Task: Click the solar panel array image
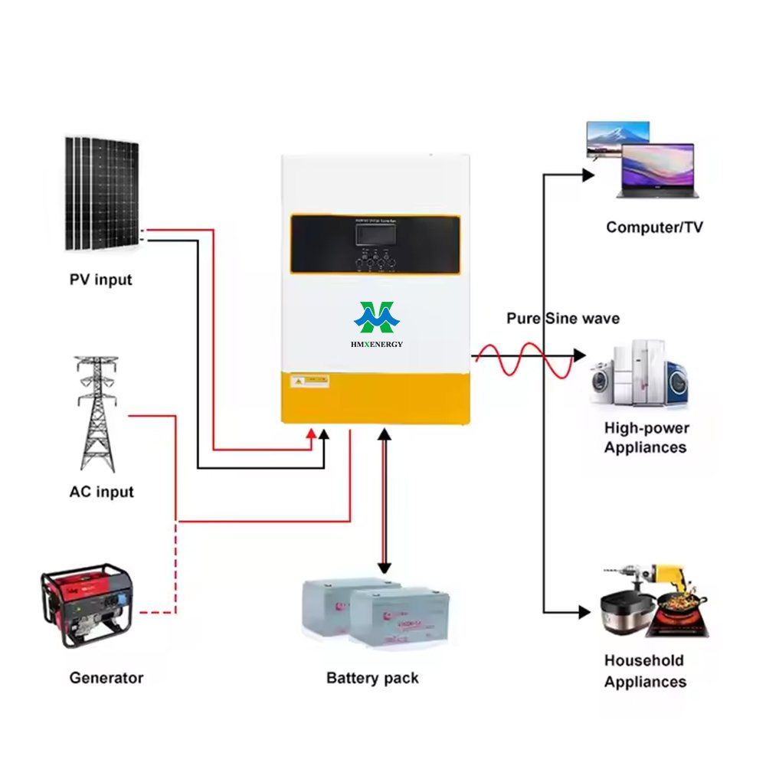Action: click(102, 194)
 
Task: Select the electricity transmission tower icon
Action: click(98, 414)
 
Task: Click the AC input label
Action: click(101, 492)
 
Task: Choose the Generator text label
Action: click(106, 678)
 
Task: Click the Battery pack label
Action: click(372, 678)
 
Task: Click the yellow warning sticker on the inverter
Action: click(311, 379)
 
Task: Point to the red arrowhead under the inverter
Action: click(311, 434)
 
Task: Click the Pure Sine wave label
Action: click(563, 318)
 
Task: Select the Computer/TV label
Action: click(654, 228)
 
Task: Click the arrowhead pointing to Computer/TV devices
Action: click(588, 175)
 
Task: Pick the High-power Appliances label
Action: click(646, 438)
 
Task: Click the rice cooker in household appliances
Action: click(623, 613)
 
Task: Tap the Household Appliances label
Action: click(645, 671)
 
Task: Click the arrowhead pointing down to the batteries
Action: click(385, 568)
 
